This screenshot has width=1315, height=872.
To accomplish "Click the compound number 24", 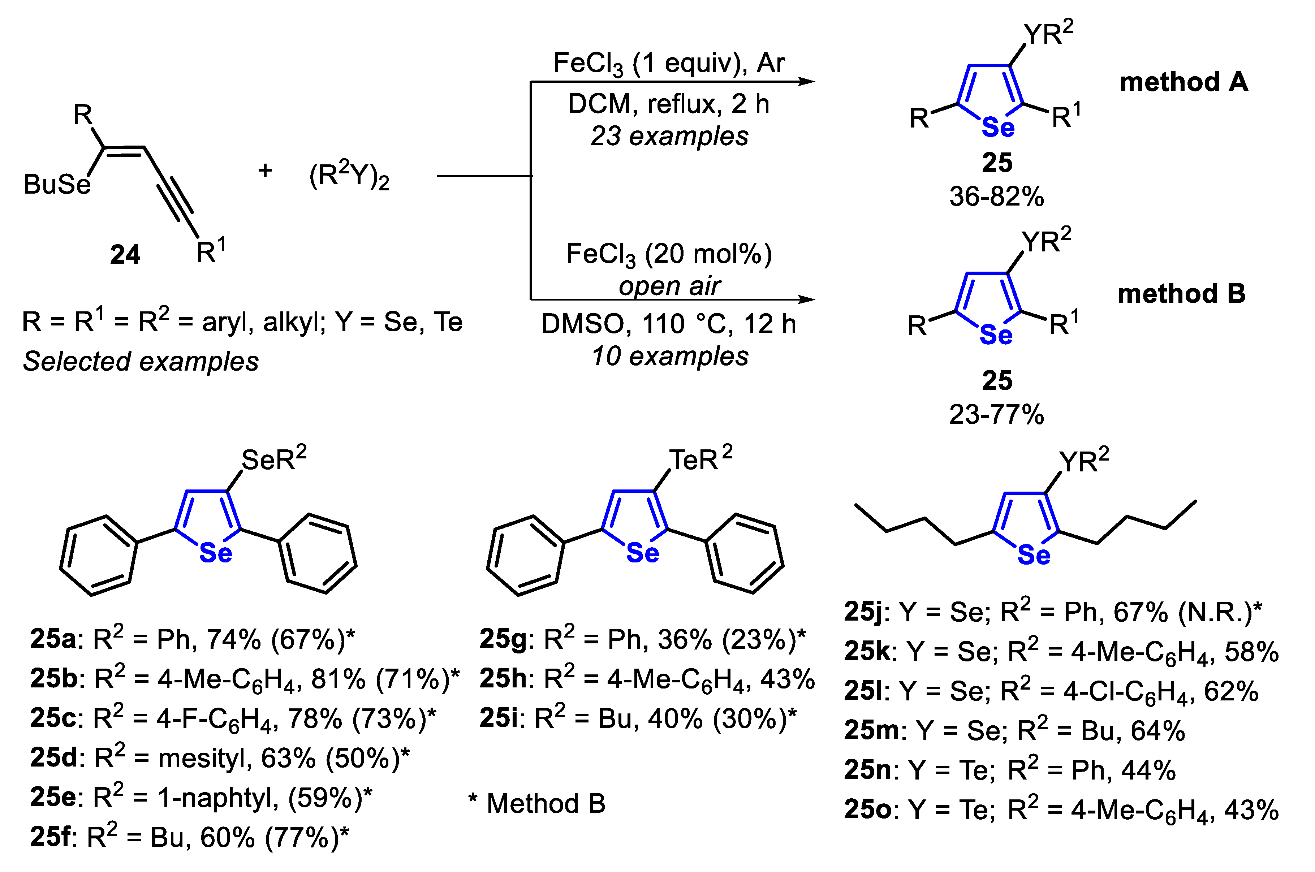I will tap(125, 255).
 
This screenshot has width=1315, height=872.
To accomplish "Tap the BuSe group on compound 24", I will tap(57, 184).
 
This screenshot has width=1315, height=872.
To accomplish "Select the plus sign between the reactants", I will tap(265, 170).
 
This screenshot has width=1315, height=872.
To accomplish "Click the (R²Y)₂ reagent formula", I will tap(349, 176).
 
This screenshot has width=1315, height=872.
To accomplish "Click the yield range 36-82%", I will tap(996, 196).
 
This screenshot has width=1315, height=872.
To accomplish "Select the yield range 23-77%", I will tap(996, 414).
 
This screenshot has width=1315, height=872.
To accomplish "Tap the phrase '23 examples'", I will tap(669, 136).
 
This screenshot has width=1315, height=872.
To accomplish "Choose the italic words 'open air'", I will tap(669, 286).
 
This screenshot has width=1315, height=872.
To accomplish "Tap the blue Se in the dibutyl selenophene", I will tap(1034, 555).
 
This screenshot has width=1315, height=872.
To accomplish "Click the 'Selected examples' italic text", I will tap(141, 362).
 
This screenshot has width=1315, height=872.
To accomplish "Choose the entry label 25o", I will tap(867, 810).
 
